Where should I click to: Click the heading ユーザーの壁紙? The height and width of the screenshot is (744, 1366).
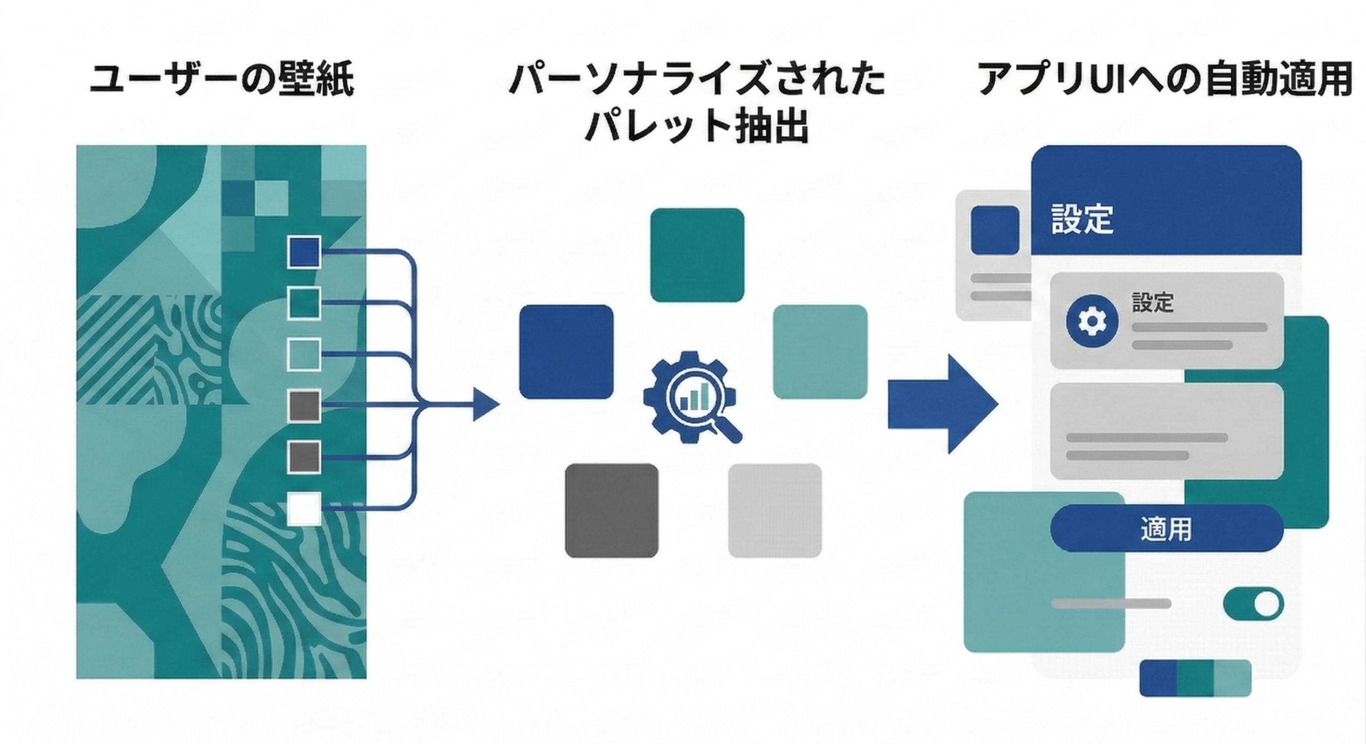221,81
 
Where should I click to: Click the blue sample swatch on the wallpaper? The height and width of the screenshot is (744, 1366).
304,252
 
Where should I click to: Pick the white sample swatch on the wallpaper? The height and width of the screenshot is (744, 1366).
304,508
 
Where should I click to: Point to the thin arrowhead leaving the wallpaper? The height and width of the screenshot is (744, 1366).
485,405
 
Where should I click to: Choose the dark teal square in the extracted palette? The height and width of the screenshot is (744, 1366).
697,255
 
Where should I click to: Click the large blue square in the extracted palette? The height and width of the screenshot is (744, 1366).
566,351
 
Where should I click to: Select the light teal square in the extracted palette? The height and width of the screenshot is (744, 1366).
820,351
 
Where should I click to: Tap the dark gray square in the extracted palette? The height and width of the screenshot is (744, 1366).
611,510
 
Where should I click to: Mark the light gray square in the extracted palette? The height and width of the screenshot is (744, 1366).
775,510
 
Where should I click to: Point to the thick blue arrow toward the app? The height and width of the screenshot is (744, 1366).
942,404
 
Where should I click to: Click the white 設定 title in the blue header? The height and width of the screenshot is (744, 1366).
1082,219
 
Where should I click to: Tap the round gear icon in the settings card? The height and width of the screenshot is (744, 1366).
1085,321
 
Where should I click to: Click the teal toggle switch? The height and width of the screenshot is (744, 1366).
1253,604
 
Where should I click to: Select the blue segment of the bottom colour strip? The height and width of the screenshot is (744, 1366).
1158,678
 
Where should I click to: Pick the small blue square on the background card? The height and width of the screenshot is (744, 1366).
995,230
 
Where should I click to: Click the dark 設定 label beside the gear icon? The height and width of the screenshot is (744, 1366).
1153,302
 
